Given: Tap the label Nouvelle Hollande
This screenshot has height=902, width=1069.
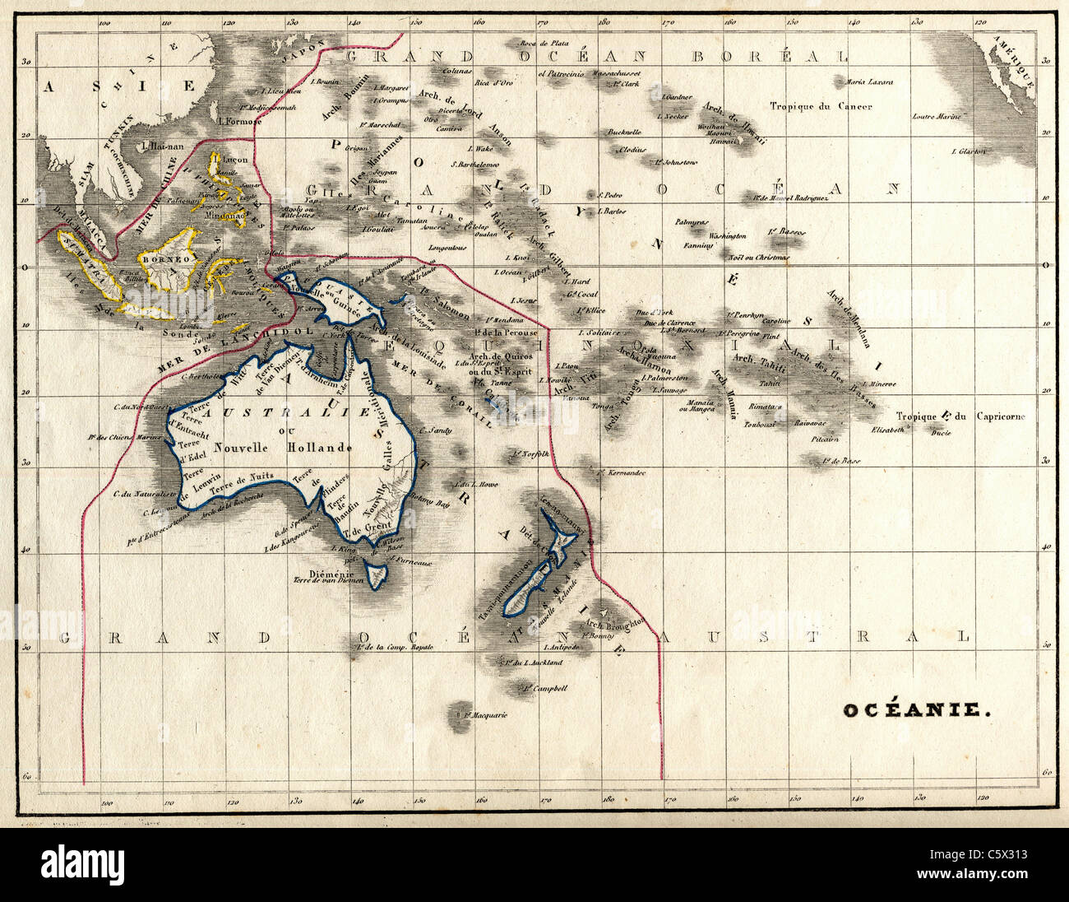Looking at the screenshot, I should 283,448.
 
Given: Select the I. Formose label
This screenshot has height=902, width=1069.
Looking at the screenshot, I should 239,121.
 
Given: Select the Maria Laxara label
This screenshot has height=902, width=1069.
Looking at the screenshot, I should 869,82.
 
